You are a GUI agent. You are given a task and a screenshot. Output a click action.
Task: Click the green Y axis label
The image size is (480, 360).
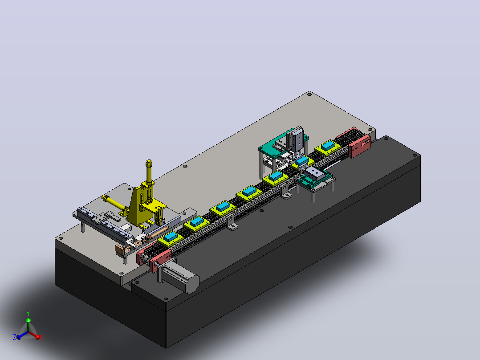pos(28,313)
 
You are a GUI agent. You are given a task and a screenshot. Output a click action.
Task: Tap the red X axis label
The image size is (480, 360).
pos(42,337)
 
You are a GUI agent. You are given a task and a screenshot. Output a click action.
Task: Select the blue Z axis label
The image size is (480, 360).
pos(15,337)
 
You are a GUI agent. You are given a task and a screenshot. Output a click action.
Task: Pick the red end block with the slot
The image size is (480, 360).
pos(359,146)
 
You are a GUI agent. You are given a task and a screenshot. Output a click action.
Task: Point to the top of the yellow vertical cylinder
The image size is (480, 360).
pos(149,161)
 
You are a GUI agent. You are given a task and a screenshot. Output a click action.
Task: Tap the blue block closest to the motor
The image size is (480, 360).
pos(171,237)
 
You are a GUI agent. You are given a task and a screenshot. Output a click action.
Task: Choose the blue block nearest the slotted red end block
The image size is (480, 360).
pos(328,145)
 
